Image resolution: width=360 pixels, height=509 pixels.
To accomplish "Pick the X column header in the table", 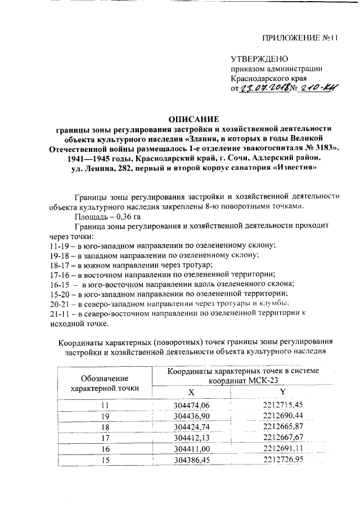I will pos(192,391).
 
